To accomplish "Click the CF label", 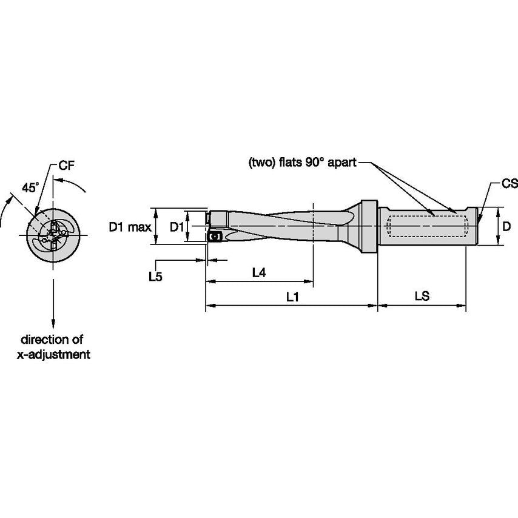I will pos(67,165).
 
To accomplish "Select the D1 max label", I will pos(130,227).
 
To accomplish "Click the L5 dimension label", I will pos(156,276).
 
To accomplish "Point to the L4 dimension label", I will pos(259,274).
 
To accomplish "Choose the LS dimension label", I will pos(422,297).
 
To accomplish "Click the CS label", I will pos(509,184).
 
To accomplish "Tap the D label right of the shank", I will pos(507,226).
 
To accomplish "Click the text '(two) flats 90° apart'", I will pos(302,163).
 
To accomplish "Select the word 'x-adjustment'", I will pos(53,355).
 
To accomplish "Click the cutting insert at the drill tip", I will pos(214,237).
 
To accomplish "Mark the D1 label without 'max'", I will pos(176,227).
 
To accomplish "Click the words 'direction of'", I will pos(52,340).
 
